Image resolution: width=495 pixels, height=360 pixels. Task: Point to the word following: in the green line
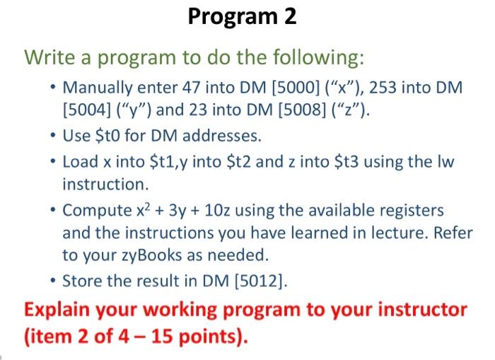tap(312, 56)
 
